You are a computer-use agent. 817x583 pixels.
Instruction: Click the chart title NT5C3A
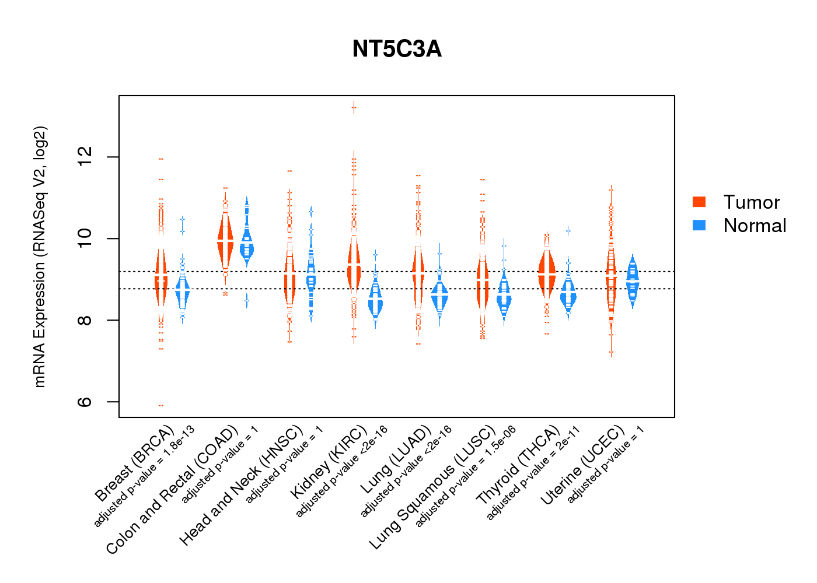(397, 49)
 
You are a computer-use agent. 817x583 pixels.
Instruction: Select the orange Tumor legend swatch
(699, 202)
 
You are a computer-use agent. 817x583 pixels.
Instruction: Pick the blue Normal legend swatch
(699, 225)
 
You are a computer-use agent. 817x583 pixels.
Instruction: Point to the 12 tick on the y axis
(85, 157)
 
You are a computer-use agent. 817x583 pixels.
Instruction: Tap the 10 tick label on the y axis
(85, 238)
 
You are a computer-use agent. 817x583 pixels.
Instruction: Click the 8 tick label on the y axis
(85, 320)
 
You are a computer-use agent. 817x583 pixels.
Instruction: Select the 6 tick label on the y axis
(85, 402)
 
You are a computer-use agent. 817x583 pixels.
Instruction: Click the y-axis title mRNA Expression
(40, 257)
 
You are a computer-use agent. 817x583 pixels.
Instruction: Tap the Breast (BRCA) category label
(134, 463)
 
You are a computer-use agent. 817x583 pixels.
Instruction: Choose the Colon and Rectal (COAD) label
(172, 490)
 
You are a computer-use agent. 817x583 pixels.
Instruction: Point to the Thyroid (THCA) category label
(518, 465)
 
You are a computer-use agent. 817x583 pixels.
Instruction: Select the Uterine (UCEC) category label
(582, 465)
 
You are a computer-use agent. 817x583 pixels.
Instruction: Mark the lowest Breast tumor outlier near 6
(161, 405)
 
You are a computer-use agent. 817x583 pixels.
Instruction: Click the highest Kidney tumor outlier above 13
(354, 107)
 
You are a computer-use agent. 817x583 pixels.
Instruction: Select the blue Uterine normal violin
(633, 280)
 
